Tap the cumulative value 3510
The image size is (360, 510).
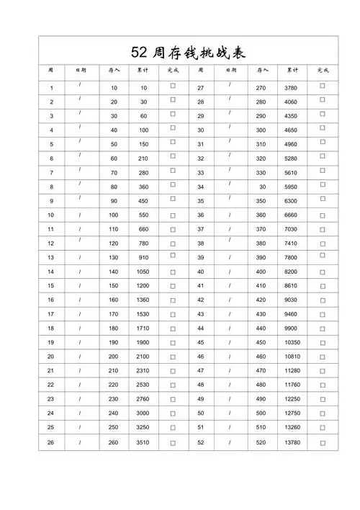pos(143,442)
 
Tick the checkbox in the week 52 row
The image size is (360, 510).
pos(322,442)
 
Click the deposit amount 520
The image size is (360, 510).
pos(261,442)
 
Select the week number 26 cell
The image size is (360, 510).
pos(51,442)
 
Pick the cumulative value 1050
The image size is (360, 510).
pos(143,272)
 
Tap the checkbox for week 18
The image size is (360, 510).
pos(173,328)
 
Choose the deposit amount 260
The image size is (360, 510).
pos(114,442)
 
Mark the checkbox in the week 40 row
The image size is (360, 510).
pos(322,272)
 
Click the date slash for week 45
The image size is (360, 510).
pos(230,342)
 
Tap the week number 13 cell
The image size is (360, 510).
pos(51,257)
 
